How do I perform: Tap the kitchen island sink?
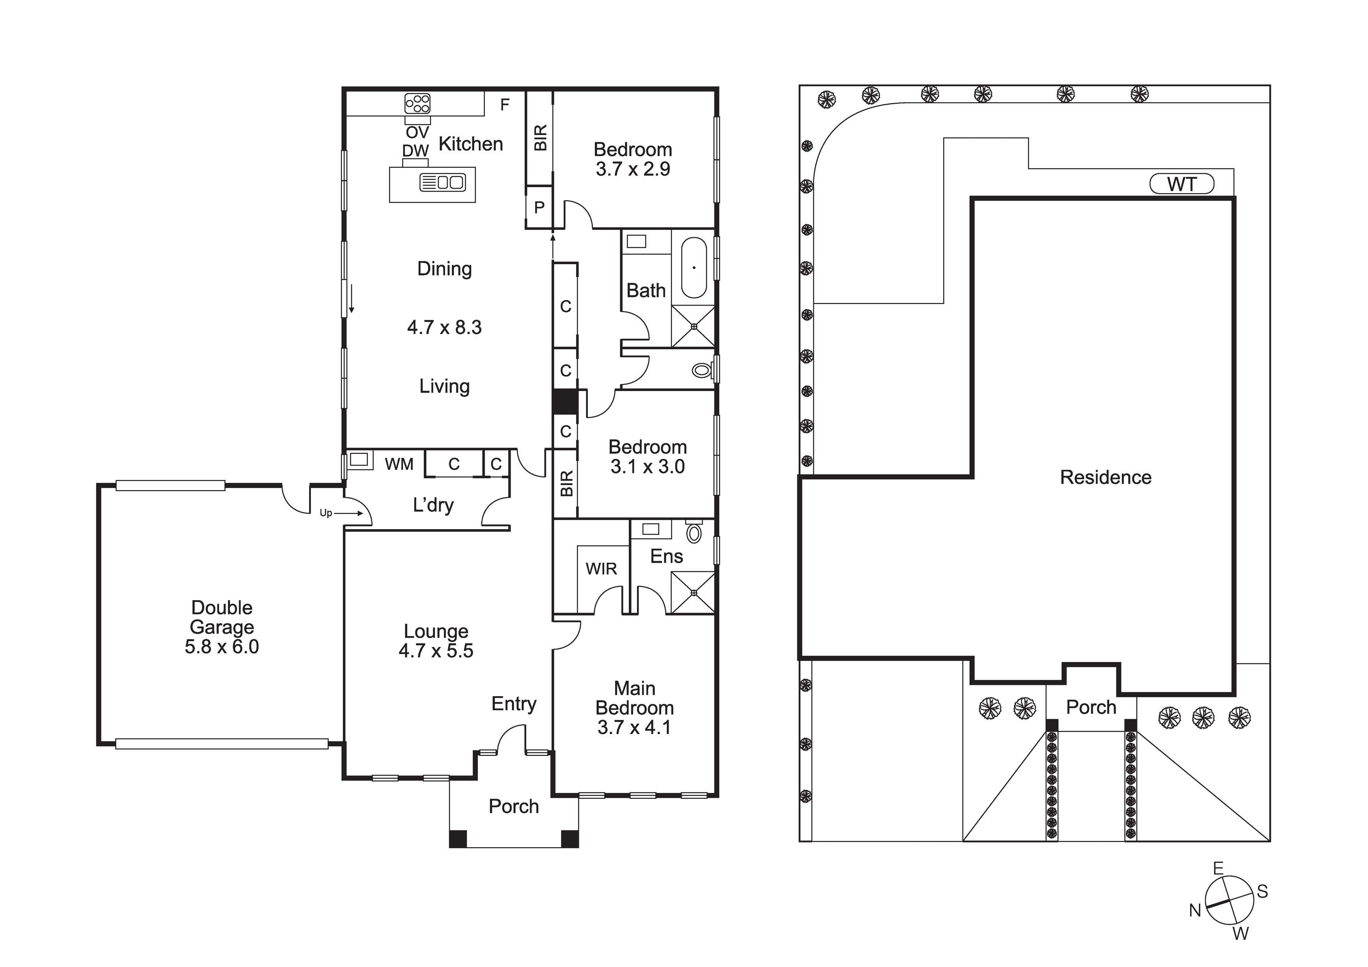tap(442, 182)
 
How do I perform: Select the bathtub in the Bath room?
tap(694, 268)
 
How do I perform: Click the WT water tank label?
tap(1182, 184)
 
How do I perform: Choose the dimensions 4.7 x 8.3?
tap(444, 327)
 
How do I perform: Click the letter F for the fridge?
tap(505, 105)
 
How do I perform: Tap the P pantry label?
tap(539, 208)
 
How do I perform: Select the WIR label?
tap(601, 569)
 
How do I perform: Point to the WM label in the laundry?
tap(399, 464)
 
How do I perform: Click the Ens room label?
tap(666, 556)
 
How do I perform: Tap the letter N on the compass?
tap(1195, 910)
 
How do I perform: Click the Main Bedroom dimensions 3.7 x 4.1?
tap(635, 727)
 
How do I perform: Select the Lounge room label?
tap(436, 631)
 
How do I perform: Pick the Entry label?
tap(514, 704)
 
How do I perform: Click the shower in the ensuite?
tap(693, 593)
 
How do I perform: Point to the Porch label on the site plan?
tap(1091, 707)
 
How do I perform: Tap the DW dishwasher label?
tap(415, 151)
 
